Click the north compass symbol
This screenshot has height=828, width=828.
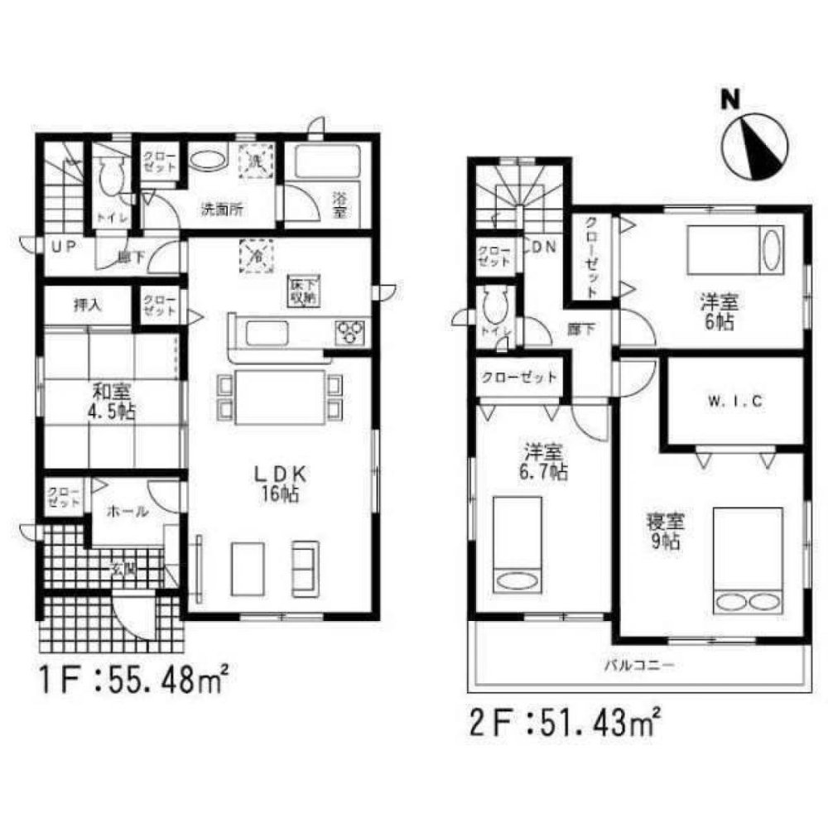click(752, 147)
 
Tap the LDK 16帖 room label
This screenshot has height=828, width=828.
click(281, 484)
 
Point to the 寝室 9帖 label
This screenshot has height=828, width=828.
click(664, 532)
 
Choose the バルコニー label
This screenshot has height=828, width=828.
click(638, 664)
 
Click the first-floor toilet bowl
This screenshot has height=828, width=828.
click(107, 175)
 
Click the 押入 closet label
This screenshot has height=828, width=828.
click(87, 306)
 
